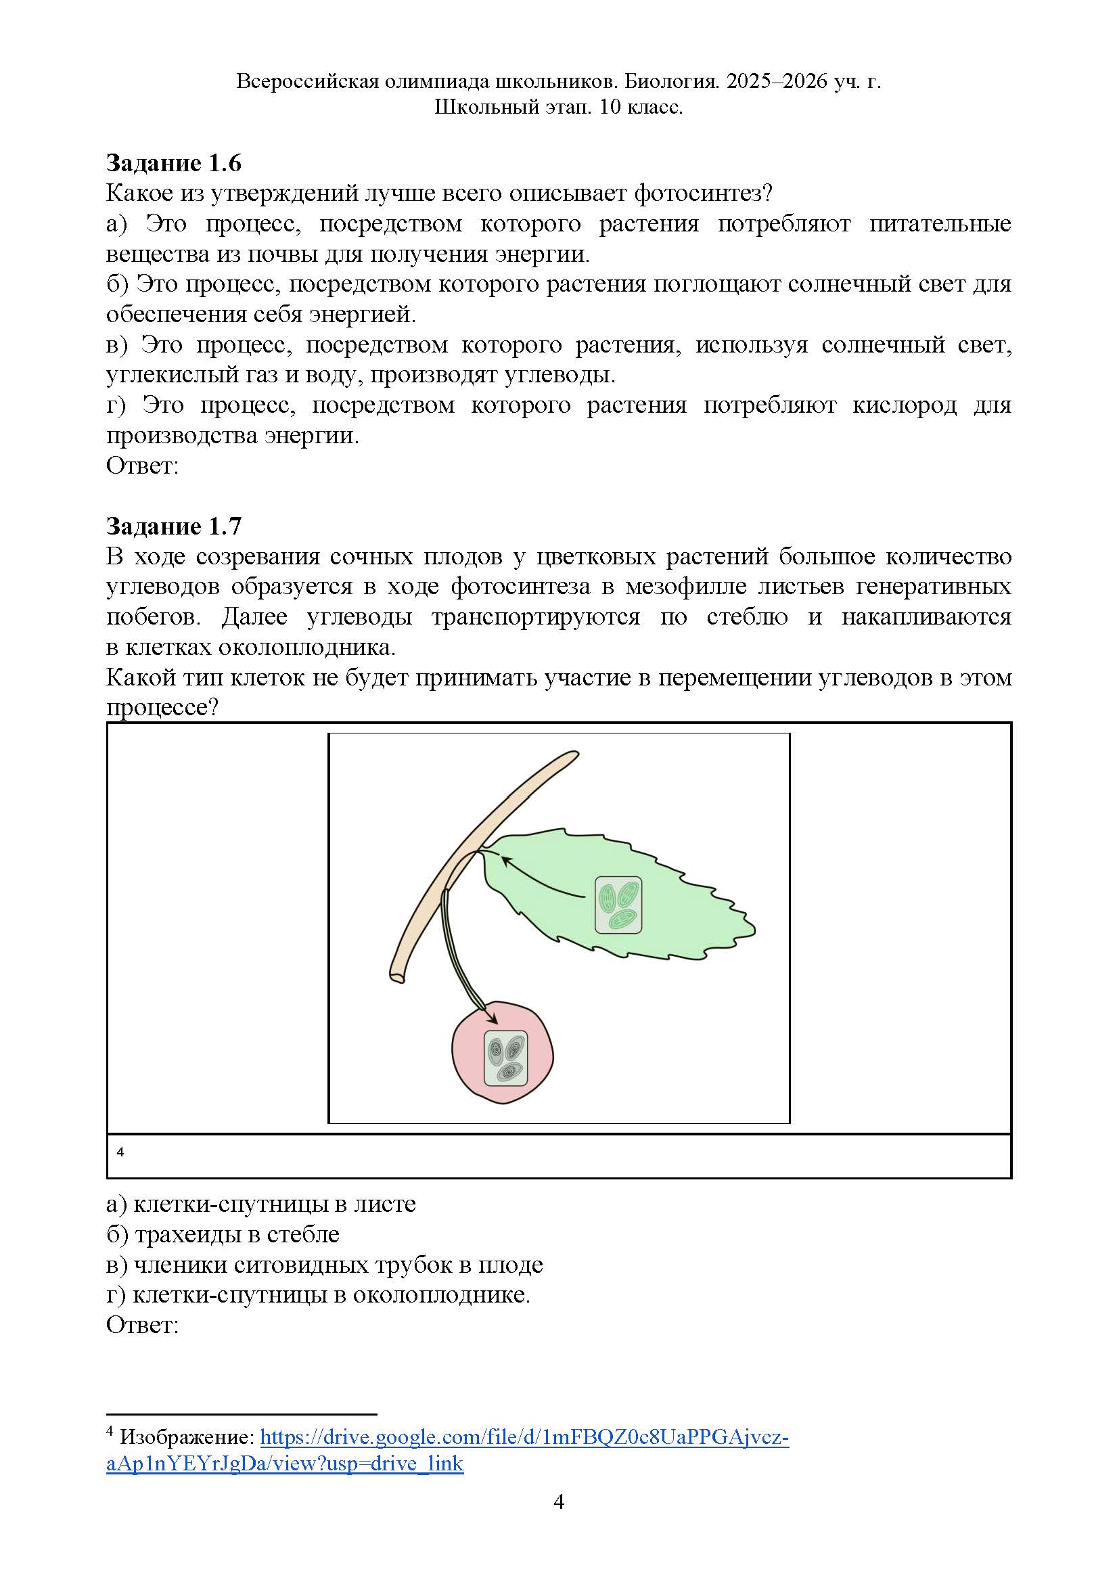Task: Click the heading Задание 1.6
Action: (174, 163)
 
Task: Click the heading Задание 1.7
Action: (174, 526)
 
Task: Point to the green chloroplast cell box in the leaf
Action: (618, 905)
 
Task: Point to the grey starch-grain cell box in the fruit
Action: (505, 1058)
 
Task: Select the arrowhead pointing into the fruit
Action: (492, 1019)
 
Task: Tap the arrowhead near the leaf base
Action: (505, 861)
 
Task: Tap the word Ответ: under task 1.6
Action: (143, 466)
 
